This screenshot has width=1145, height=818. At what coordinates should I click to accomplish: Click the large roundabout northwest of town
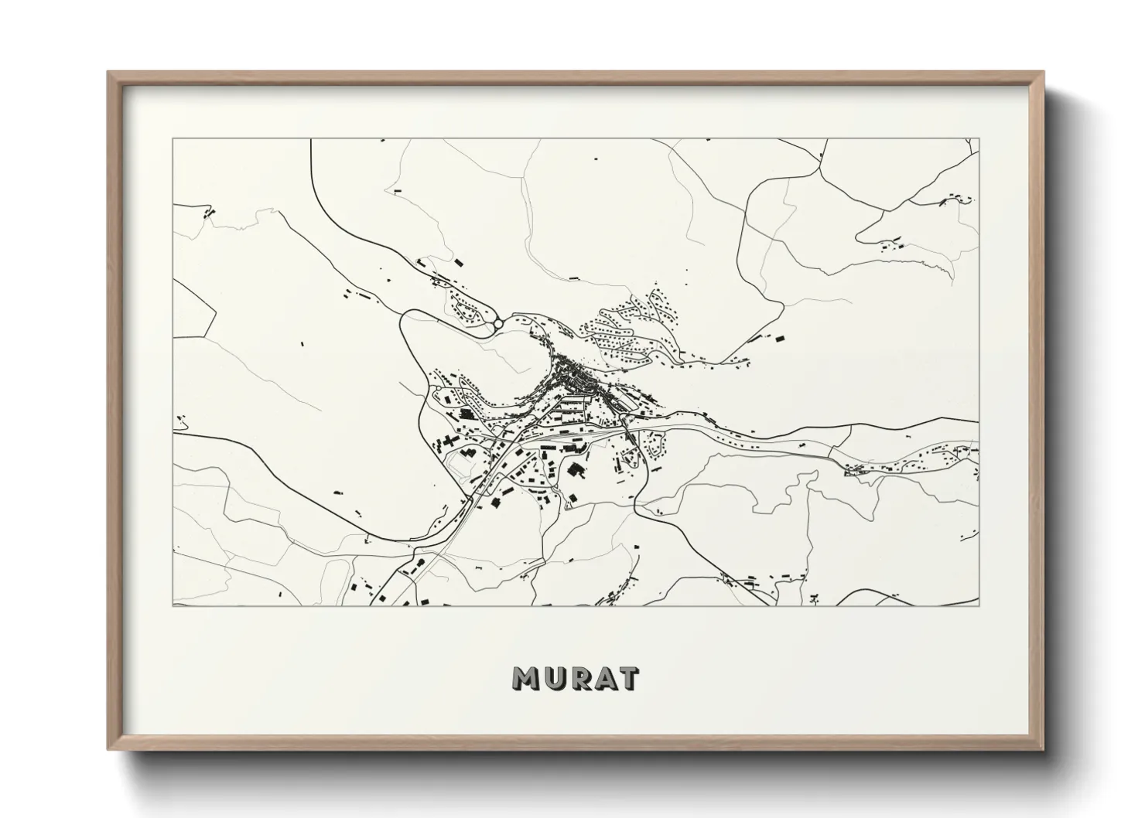click(x=499, y=323)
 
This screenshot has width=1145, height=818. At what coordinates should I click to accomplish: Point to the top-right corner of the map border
click(x=979, y=139)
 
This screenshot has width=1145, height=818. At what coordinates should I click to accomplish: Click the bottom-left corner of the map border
click(x=173, y=605)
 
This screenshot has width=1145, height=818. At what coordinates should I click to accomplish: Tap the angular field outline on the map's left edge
click(x=193, y=309)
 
